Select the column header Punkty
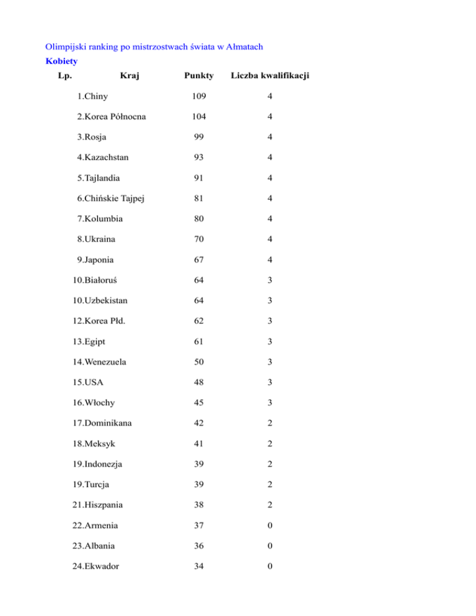(x=198, y=76)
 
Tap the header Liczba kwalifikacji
(x=270, y=76)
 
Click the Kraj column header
(x=130, y=76)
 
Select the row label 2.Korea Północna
(x=112, y=117)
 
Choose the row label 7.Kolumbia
(x=101, y=219)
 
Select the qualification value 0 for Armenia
(x=270, y=526)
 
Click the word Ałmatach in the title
(x=250, y=46)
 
